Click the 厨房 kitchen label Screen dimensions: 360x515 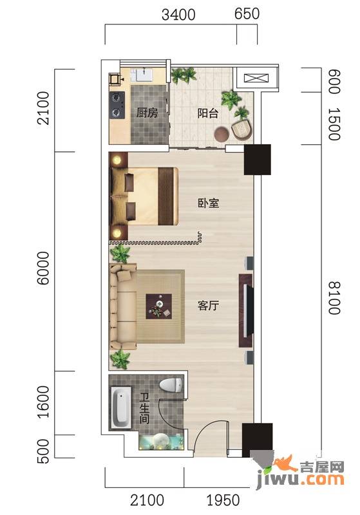tap(147, 113)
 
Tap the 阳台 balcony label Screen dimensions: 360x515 tap(208, 113)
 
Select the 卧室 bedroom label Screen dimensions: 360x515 tap(208, 203)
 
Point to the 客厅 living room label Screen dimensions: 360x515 tap(208, 305)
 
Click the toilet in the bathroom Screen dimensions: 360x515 tap(171, 384)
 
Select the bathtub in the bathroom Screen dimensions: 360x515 tap(121, 407)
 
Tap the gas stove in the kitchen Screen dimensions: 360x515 tap(117, 105)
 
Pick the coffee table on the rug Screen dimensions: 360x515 tap(158, 306)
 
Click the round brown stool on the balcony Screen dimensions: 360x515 tap(222, 134)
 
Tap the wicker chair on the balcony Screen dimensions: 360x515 tap(242, 129)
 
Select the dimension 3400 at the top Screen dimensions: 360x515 tap(178, 15)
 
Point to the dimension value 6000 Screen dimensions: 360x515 tap(43, 268)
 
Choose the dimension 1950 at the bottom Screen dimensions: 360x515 tap(223, 500)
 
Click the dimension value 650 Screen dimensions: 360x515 tap(247, 14)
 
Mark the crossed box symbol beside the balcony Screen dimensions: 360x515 tap(256, 79)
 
